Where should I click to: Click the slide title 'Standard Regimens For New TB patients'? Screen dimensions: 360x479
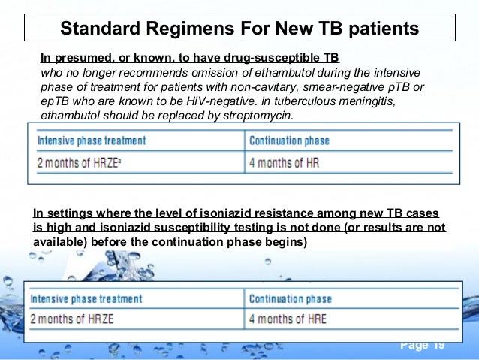[x=239, y=29]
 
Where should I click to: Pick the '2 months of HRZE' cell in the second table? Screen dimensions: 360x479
[x=72, y=319]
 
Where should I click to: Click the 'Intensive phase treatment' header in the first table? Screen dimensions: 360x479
[x=92, y=141]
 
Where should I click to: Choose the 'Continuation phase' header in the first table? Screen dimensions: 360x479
[x=289, y=141]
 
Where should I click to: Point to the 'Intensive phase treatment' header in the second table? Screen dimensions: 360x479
[x=86, y=298]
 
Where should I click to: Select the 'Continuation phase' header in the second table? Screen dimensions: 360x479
[x=289, y=298]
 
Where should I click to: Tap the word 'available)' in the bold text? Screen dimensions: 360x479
[x=60, y=242]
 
